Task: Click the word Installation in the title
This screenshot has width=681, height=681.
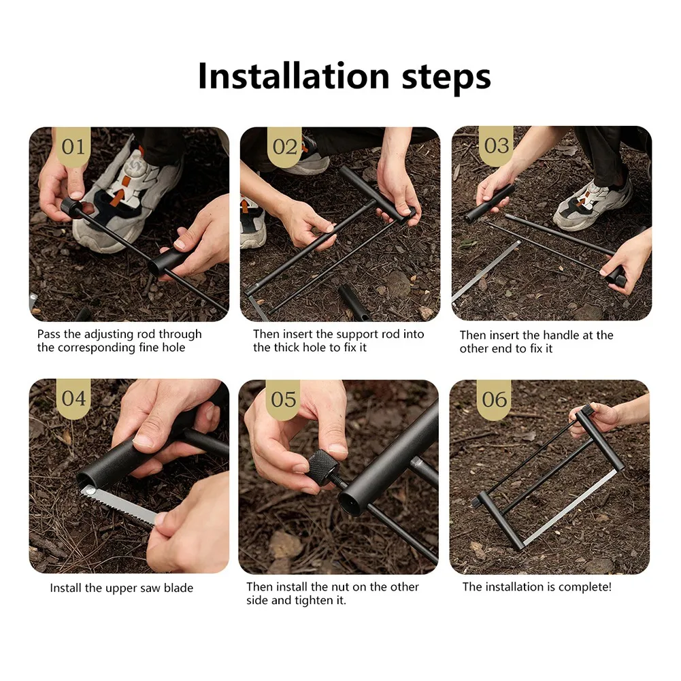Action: coord(294,76)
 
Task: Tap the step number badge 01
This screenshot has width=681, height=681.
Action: coord(73,147)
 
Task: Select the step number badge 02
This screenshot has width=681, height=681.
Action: coord(284,147)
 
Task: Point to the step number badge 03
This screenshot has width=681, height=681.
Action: coord(496,146)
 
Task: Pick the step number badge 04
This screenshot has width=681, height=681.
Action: coord(73,398)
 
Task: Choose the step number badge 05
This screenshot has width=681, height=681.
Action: coord(283,399)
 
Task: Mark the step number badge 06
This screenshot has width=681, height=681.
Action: coord(494,399)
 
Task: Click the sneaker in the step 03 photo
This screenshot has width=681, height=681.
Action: coord(593,203)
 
